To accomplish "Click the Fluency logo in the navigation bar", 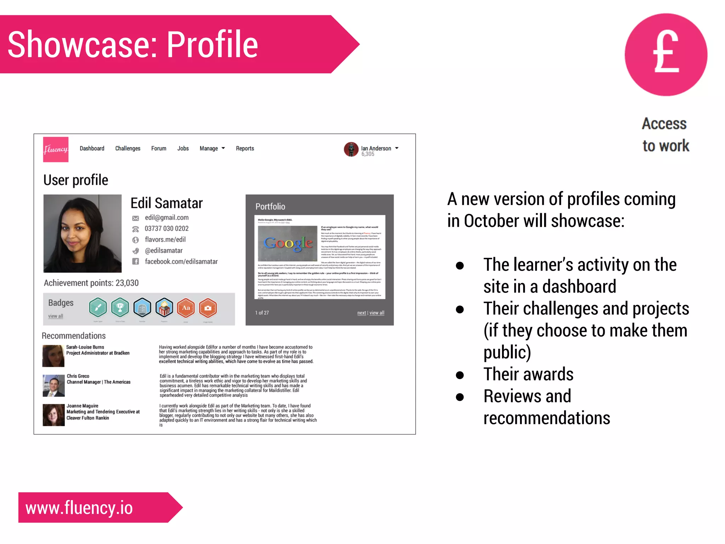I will pyautogui.click(x=56, y=149).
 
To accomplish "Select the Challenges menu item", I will pyautogui.click(x=127, y=148).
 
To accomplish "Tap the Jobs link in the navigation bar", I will pyautogui.click(x=183, y=148).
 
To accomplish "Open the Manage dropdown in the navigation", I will pyautogui.click(x=212, y=148).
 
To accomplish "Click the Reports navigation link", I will pyautogui.click(x=245, y=148).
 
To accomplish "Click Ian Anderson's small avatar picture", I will pyautogui.click(x=351, y=149).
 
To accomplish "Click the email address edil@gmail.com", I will pyautogui.click(x=166, y=217).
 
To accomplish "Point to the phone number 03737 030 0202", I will pyautogui.click(x=166, y=228).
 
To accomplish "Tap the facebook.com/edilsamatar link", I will pyautogui.click(x=181, y=261).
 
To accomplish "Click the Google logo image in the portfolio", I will pyautogui.click(x=287, y=243).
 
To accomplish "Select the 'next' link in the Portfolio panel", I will pyautogui.click(x=361, y=313).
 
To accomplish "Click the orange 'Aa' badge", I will pyautogui.click(x=186, y=308).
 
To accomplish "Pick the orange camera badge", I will pyautogui.click(x=208, y=308).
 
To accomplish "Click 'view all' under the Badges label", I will pyautogui.click(x=56, y=316).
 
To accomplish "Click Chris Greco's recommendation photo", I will pyautogui.click(x=53, y=385).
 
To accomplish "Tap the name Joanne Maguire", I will pyautogui.click(x=82, y=406).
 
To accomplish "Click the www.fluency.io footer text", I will pyautogui.click(x=79, y=508).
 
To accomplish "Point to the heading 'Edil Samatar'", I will pyautogui.click(x=166, y=203).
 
